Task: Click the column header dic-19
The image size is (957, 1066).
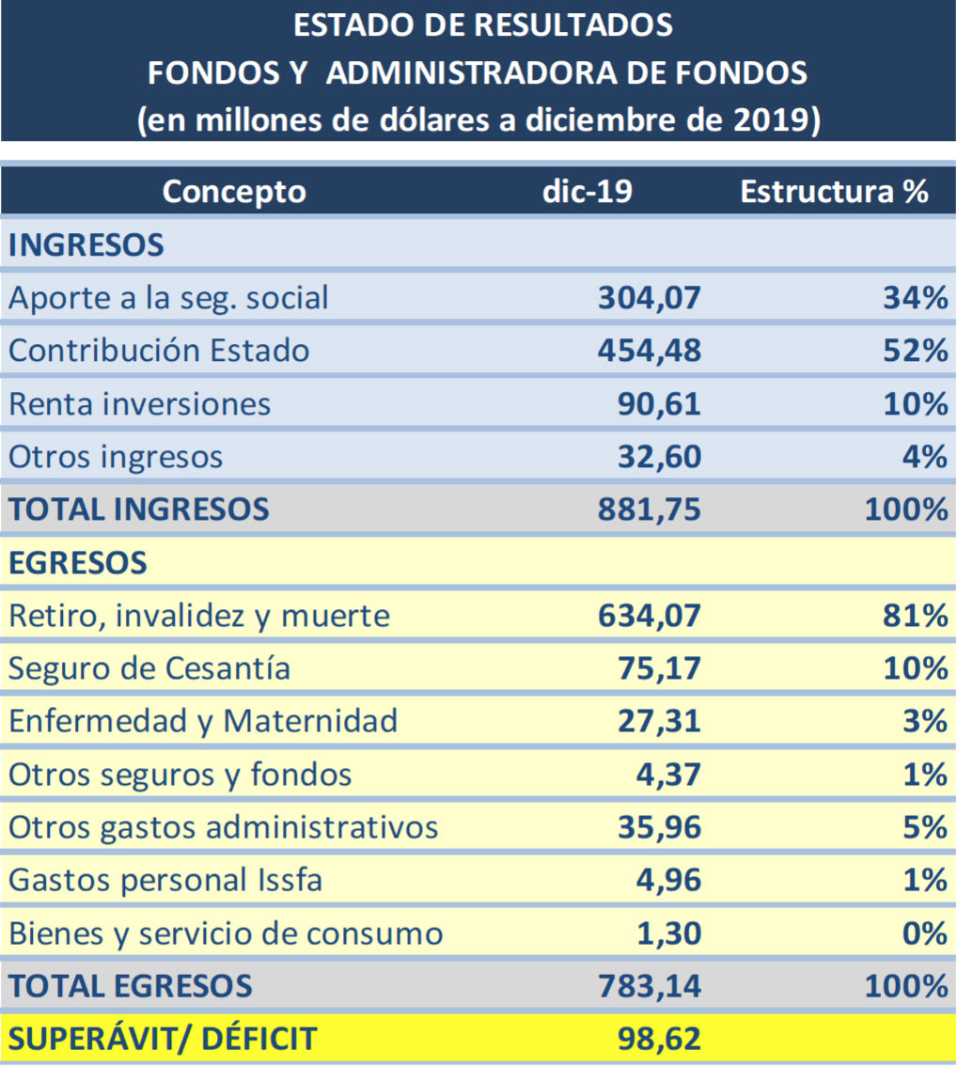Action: tap(588, 192)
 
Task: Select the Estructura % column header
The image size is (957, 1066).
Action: tap(834, 192)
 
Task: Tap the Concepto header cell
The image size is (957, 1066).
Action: tap(234, 192)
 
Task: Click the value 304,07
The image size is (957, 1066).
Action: tap(650, 298)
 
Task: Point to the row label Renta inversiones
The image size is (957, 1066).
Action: tap(140, 404)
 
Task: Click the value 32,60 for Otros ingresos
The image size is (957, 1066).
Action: tap(660, 457)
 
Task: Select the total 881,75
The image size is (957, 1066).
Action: tap(650, 509)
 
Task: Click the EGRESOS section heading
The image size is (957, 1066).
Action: tap(78, 562)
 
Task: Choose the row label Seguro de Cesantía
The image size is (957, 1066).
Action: tap(149, 668)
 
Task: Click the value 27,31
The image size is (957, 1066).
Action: tap(660, 721)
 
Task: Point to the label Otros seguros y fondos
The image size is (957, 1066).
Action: tap(180, 775)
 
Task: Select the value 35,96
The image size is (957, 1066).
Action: tap(660, 827)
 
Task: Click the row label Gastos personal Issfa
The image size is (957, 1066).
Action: tap(165, 881)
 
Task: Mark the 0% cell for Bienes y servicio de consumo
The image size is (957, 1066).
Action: tap(926, 933)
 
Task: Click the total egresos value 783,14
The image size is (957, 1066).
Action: tap(650, 986)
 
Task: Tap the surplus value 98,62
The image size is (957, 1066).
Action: tap(660, 1039)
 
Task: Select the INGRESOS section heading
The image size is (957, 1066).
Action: tap(86, 245)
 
